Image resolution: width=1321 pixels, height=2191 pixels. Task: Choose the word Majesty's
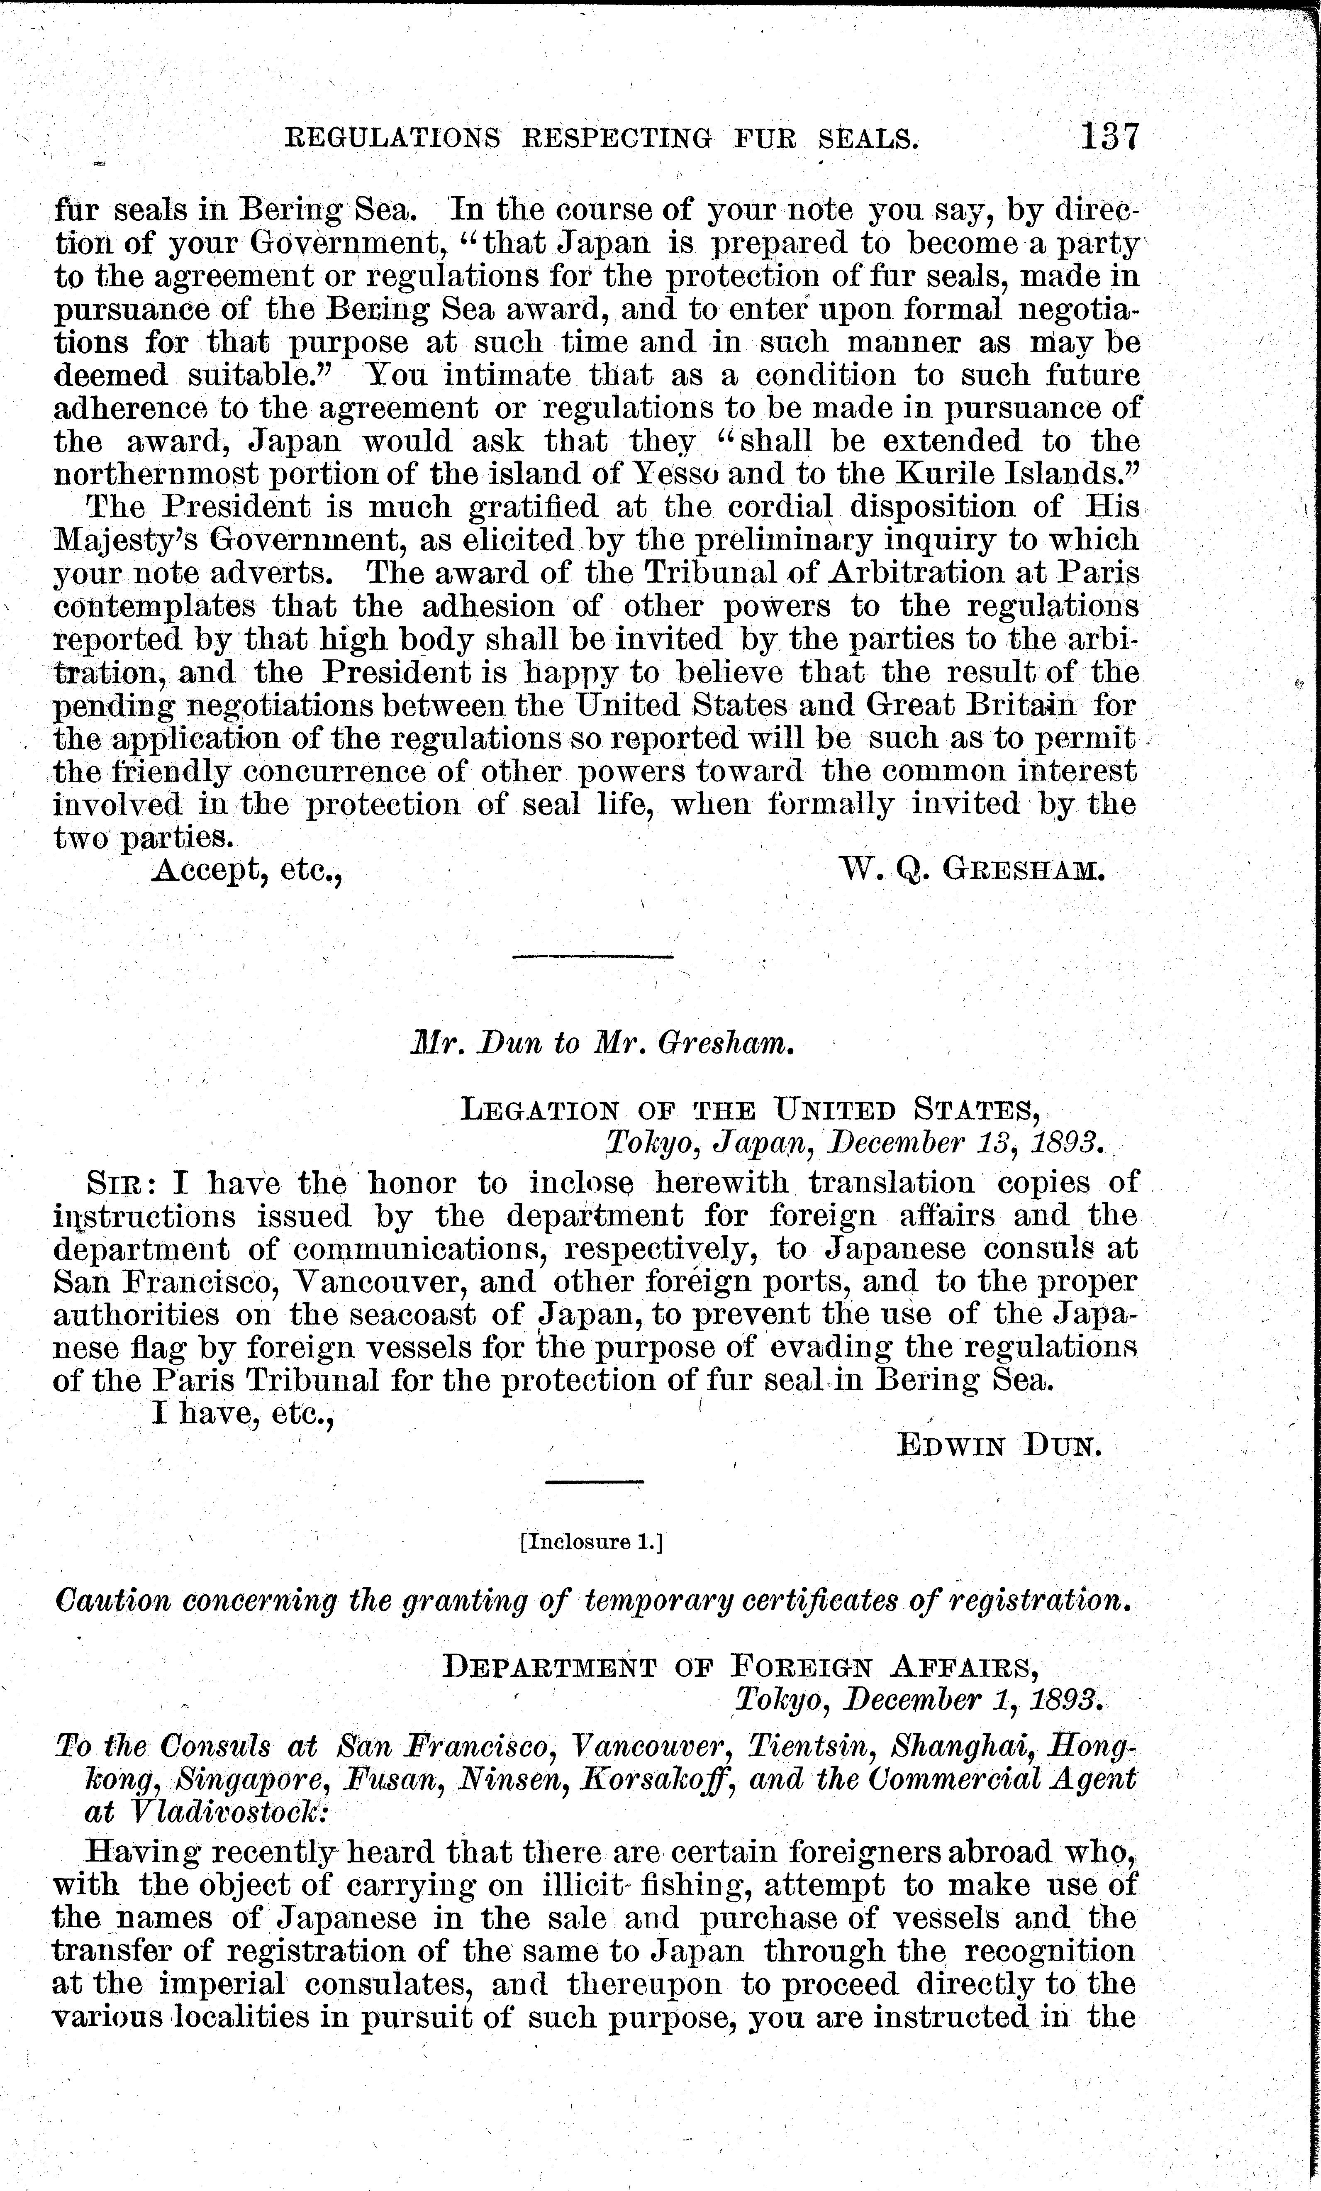pyautogui.click(x=112, y=540)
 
